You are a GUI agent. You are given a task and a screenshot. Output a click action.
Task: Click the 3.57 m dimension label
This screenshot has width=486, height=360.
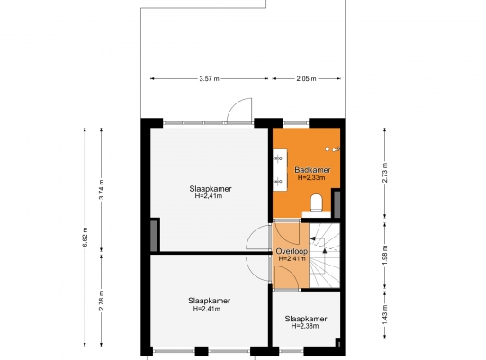(209, 79)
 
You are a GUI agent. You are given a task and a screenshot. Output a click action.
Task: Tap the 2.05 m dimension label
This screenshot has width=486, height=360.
(306, 79)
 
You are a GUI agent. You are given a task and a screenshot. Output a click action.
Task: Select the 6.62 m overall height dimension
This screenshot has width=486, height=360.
(85, 237)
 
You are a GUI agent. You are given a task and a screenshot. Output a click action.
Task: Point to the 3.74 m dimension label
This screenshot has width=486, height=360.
(102, 190)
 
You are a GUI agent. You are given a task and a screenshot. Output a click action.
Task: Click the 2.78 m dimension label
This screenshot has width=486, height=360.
(102, 301)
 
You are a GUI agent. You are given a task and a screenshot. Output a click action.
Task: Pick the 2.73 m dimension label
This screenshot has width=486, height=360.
(385, 173)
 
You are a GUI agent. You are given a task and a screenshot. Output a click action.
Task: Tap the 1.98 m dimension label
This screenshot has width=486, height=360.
(385, 256)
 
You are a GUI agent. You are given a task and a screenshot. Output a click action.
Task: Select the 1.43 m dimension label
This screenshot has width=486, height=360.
(385, 314)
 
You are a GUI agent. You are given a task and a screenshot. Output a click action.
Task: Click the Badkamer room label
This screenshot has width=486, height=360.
(312, 170)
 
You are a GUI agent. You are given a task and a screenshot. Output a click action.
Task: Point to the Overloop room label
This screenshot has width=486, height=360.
(292, 251)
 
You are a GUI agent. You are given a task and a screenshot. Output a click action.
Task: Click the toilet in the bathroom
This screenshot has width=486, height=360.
(317, 202)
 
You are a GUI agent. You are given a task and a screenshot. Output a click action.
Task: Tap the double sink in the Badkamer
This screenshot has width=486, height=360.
(280, 169)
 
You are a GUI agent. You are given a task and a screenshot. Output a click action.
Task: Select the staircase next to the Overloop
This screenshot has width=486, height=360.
(325, 256)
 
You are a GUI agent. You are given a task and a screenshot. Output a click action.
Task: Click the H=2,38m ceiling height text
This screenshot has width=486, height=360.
(305, 326)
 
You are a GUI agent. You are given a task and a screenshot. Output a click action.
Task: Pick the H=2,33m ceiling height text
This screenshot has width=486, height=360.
(311, 178)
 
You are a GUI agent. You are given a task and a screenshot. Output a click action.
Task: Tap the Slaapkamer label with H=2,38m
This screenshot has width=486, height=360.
(306, 319)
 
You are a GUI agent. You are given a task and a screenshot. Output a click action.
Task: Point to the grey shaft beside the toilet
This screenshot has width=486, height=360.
(337, 204)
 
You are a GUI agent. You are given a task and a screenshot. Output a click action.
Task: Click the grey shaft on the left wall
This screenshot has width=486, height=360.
(154, 236)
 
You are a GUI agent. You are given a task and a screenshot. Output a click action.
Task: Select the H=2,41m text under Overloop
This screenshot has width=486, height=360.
(292, 258)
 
